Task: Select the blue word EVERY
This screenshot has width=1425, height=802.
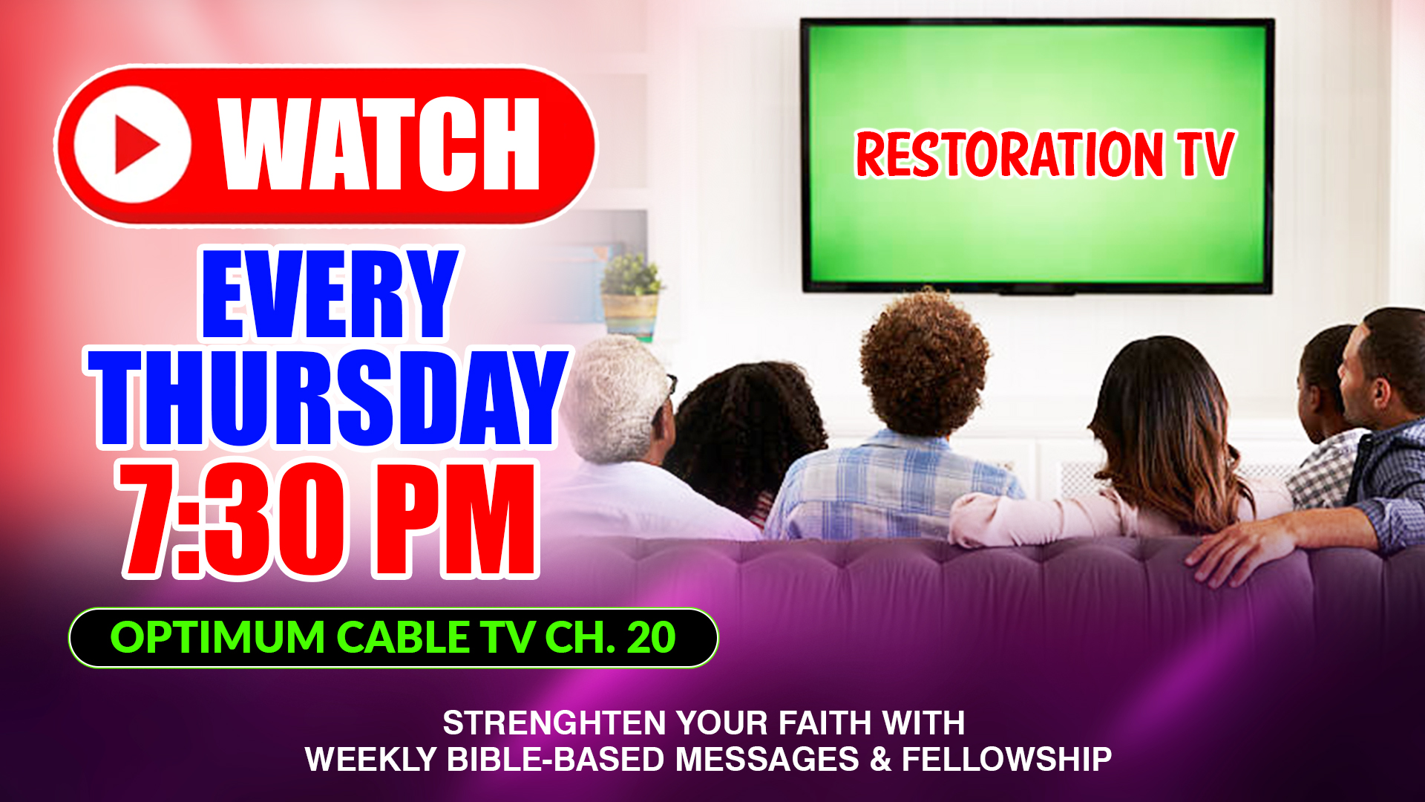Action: tap(330, 294)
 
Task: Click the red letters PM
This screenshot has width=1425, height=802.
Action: tap(455, 519)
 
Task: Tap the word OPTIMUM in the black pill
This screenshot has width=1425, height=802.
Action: tap(217, 638)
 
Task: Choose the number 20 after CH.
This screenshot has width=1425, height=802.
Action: tap(651, 638)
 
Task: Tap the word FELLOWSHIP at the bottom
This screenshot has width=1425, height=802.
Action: tap(1006, 760)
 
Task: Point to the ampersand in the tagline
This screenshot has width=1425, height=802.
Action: tap(879, 760)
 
